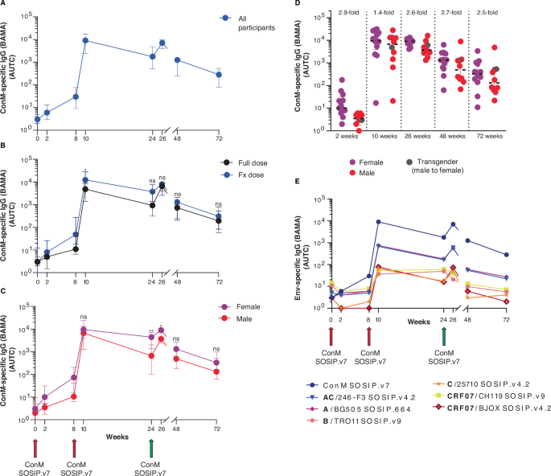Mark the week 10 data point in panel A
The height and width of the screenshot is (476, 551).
(85, 39)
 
